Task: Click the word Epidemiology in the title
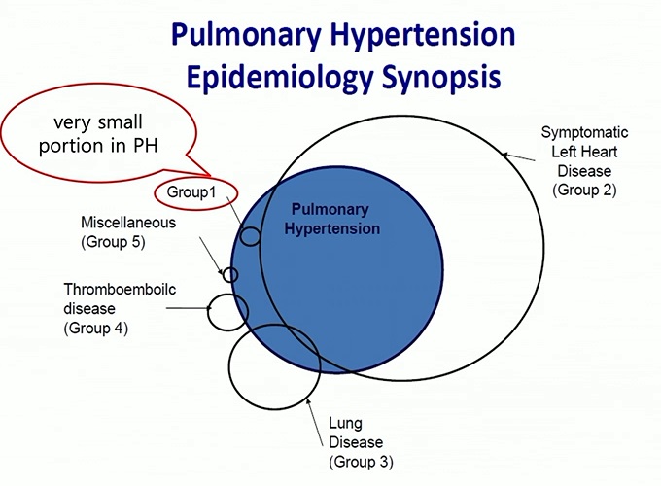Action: pos(280,77)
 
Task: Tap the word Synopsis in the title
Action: pos(441,77)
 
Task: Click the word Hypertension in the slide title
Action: pos(423,35)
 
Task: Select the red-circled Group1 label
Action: pos(191,192)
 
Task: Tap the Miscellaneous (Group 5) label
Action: pos(128,232)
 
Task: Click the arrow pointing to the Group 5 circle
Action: pos(211,256)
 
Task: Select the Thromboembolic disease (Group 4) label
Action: pos(120,308)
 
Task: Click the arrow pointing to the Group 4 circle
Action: pos(189,308)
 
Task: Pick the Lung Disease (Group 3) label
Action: pos(361,442)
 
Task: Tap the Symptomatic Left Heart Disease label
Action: pos(584,161)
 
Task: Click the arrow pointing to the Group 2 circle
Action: pos(518,157)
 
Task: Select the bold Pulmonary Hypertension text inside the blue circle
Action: pos(331,219)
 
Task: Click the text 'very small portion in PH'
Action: pos(98,134)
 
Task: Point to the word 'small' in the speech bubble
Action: pos(120,122)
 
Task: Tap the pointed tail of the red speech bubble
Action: pos(210,175)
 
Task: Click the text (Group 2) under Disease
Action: pos(584,191)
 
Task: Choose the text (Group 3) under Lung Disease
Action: pos(361,462)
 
